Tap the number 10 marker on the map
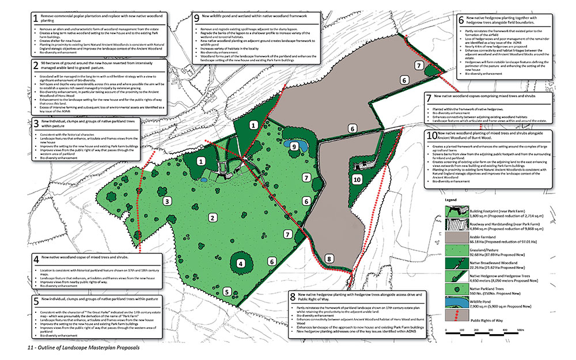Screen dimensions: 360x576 (x=357, y=179)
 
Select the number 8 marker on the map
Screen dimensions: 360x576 (x=329, y=259)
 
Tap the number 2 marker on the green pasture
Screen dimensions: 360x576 (x=213, y=217)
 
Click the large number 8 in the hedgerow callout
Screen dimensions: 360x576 (x=295, y=295)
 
